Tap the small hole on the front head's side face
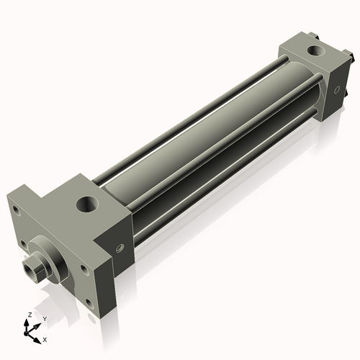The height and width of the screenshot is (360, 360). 120,248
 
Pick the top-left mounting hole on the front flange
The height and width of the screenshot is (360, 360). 14,211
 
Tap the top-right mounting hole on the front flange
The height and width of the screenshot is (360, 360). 84,269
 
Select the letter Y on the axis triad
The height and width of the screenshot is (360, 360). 44,318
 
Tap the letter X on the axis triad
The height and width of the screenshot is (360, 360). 45,338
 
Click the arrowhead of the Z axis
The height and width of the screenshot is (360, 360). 27,323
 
